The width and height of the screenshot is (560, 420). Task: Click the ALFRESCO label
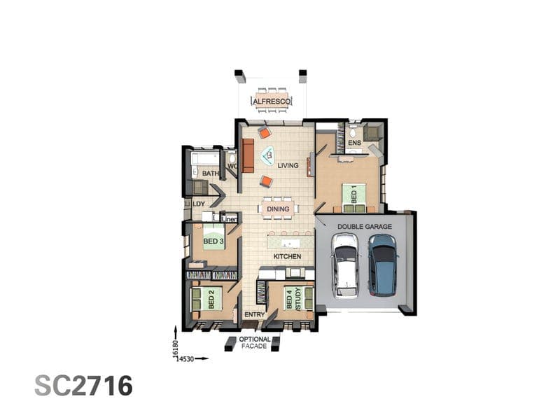272,101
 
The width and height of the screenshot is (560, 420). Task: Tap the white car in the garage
344,266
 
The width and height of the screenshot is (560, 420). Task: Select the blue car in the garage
383,265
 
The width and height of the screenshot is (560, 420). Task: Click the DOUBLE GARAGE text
364,226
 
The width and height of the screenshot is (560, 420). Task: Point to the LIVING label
288,166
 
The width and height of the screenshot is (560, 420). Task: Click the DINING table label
278,209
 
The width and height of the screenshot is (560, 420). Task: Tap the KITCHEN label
287,256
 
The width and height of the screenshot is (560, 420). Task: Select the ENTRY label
254,314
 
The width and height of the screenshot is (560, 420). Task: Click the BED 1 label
354,195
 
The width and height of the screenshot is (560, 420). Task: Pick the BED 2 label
211,300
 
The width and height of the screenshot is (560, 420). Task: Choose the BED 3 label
213,241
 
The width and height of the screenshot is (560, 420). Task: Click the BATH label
211,174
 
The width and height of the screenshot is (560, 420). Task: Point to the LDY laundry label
199,204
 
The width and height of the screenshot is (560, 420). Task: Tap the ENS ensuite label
354,143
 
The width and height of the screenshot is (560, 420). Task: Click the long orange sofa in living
248,155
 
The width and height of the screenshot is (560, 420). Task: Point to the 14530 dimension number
185,358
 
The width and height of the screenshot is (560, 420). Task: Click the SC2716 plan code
83,386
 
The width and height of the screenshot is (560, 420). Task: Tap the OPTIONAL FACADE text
255,342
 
